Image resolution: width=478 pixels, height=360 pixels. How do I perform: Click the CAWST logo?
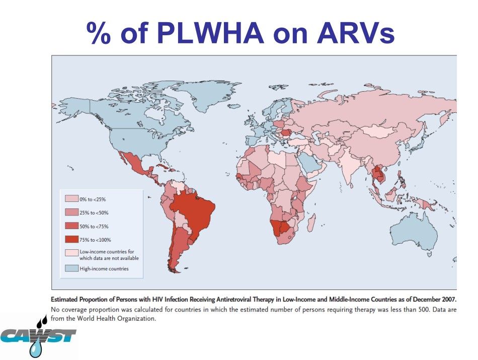pyautogui.click(x=38, y=334)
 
